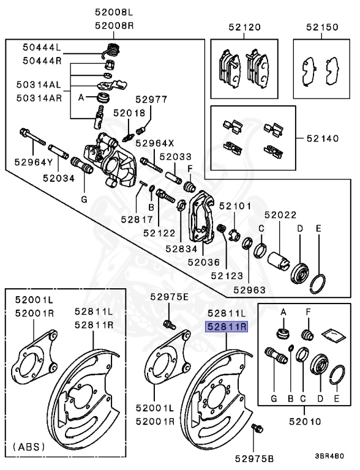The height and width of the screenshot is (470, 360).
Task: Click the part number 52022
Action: tap(280, 215)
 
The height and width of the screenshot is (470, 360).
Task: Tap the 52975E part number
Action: tap(170, 297)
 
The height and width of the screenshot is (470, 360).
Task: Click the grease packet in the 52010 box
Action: tap(330, 333)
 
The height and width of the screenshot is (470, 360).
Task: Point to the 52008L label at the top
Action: tap(113, 11)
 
